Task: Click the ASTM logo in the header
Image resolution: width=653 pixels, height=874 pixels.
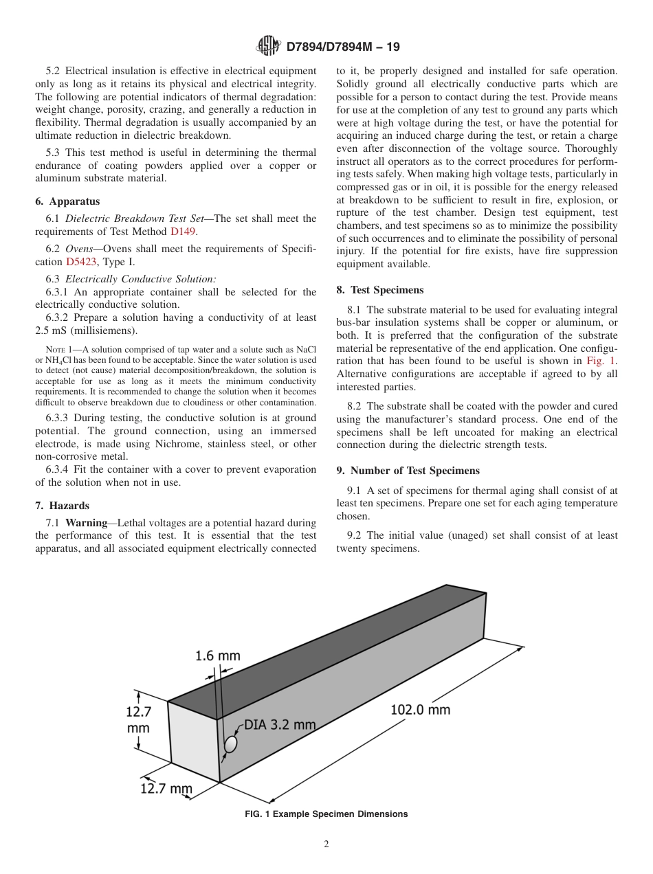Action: pyautogui.click(x=268, y=46)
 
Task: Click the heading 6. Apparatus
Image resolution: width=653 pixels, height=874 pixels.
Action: pyautogui.click(x=67, y=201)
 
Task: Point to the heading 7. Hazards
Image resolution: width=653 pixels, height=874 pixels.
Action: pyautogui.click(x=64, y=506)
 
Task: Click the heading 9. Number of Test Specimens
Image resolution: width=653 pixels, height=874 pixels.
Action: pyautogui.click(x=408, y=471)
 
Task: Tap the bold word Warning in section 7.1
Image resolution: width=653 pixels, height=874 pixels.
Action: pyautogui.click(x=87, y=523)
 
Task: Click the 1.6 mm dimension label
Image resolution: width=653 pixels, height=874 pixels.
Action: pyautogui.click(x=218, y=655)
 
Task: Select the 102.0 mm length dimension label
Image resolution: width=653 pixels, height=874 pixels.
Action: pyautogui.click(x=420, y=709)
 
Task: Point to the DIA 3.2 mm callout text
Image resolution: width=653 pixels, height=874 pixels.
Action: pyautogui.click(x=280, y=725)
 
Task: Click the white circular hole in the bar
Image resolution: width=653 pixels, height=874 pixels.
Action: pyautogui.click(x=231, y=744)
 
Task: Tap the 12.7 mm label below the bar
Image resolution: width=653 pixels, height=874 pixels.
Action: pyautogui.click(x=166, y=789)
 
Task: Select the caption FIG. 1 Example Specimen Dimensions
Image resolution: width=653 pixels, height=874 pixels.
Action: pyautogui.click(x=326, y=814)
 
